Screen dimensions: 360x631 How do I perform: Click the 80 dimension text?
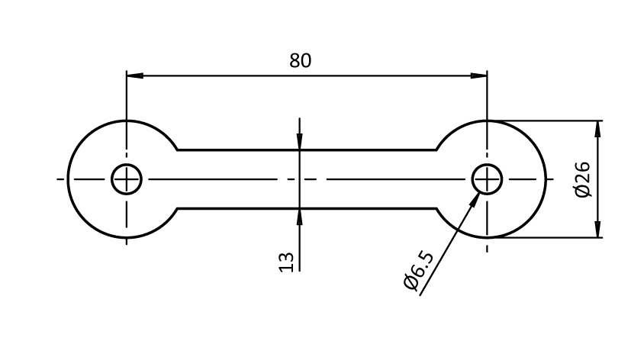(x=301, y=61)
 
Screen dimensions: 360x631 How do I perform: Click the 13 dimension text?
(x=286, y=262)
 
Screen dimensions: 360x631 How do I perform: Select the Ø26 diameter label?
(x=583, y=180)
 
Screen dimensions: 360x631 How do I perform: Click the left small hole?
(x=127, y=180)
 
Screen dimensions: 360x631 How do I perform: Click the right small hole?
(x=487, y=180)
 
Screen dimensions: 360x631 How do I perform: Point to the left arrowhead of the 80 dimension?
(x=134, y=76)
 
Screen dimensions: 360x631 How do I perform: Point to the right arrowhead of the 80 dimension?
(x=479, y=76)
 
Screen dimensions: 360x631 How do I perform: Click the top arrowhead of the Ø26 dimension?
(x=597, y=128)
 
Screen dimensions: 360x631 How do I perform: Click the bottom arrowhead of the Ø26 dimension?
(x=597, y=230)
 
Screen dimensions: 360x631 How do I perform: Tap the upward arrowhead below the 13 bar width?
(x=300, y=217)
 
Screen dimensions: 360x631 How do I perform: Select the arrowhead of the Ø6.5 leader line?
(x=478, y=198)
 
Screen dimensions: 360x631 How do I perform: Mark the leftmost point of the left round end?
(x=68, y=180)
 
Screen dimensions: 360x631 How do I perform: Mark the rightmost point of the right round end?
(x=546, y=180)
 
